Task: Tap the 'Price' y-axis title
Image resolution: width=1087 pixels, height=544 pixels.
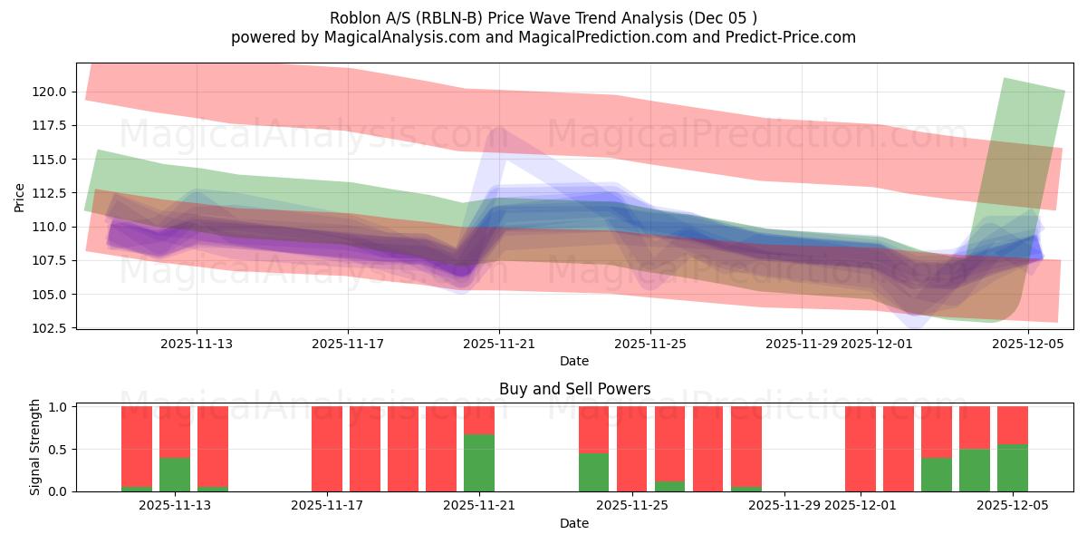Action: pos(20,196)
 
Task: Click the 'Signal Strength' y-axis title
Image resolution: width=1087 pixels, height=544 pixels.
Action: pos(35,448)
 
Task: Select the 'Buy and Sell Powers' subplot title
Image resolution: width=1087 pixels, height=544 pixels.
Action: pos(574,389)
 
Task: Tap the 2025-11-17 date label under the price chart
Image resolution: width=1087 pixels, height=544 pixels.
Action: pos(349,345)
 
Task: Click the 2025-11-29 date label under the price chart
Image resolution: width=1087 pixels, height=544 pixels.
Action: pos(802,345)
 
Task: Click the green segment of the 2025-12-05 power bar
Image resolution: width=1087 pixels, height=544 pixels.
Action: pos(1013,468)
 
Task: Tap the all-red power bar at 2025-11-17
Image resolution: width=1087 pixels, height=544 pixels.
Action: pos(327,449)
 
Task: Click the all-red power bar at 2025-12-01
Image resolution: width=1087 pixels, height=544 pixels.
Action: pos(861,449)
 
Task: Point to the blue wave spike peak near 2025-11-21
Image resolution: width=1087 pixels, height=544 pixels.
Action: pos(496,131)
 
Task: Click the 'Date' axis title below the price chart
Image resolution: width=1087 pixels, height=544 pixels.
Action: pos(574,361)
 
